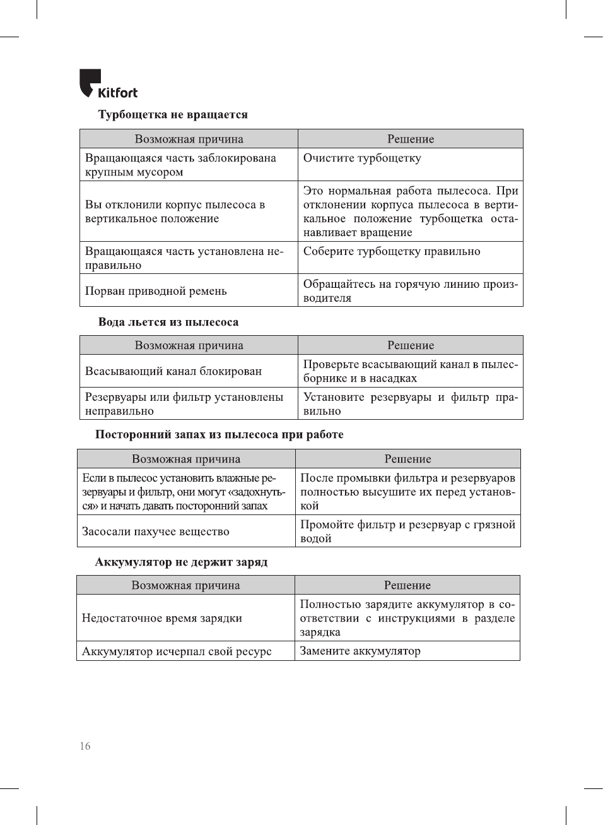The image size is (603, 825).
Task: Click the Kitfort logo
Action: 108,85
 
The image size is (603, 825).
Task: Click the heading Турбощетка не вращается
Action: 173,114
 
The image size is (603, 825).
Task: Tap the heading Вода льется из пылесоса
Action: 168,322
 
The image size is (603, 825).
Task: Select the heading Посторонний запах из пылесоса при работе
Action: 219,434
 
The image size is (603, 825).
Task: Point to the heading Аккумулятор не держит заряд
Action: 181,562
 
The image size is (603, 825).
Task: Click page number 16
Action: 85,746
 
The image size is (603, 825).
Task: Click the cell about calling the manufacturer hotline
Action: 410,291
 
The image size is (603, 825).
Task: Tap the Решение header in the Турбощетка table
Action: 411,139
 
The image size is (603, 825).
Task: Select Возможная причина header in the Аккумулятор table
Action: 185,585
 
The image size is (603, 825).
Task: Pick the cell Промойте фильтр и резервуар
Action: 407,531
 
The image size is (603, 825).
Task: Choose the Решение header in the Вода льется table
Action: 411,345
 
